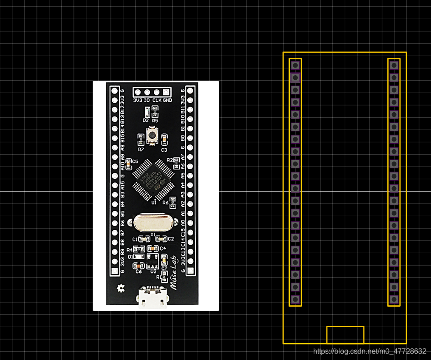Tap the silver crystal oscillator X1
tap(153, 223)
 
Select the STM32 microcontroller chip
tap(152, 178)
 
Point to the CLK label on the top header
tap(157, 100)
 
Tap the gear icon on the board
tap(121, 288)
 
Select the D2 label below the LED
tap(146, 120)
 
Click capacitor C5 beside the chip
tap(128, 162)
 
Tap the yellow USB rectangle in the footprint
tap(345, 334)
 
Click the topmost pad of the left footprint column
tap(295, 65)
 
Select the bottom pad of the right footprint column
tap(394, 299)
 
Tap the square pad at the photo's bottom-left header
tap(115, 271)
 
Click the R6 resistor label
tap(166, 203)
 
